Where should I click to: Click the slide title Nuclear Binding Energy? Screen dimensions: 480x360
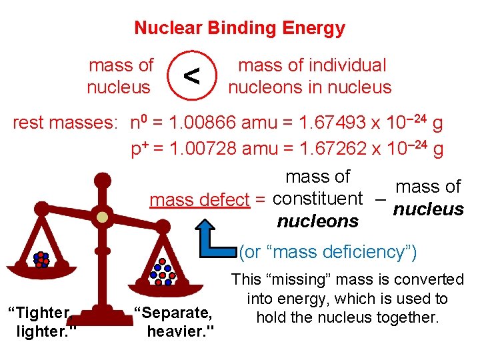(239, 28)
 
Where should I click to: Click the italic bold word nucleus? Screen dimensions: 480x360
(428, 209)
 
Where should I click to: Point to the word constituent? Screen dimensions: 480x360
(318, 199)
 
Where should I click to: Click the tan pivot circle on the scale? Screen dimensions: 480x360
(102, 217)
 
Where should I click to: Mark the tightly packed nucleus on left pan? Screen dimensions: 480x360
(41, 259)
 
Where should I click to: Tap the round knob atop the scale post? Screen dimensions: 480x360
(103, 179)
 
